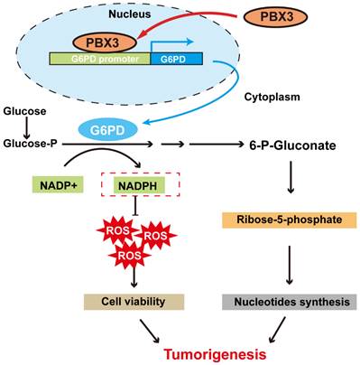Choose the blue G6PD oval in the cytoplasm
pyautogui.click(x=105, y=129)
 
